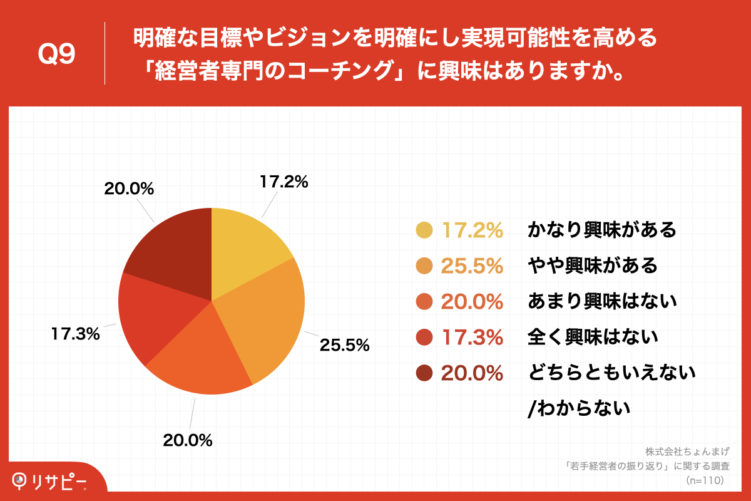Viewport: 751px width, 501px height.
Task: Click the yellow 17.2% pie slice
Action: click(x=244, y=250)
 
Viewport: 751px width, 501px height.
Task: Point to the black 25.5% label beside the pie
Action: click(x=345, y=344)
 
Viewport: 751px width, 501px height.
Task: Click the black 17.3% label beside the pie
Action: click(x=75, y=334)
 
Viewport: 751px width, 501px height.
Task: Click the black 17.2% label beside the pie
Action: click(x=284, y=182)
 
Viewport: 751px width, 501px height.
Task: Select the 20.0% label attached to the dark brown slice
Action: click(x=130, y=189)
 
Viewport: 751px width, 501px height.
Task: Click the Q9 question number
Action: click(x=56, y=54)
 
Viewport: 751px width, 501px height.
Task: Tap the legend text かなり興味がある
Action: click(x=602, y=230)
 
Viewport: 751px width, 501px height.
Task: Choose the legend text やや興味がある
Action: click(x=593, y=266)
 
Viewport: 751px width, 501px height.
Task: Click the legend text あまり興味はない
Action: click(x=602, y=302)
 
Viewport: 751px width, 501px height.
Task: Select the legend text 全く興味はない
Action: click(x=593, y=338)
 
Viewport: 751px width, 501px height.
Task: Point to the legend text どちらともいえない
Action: click(x=611, y=373)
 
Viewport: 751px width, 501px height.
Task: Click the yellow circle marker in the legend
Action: click(x=424, y=230)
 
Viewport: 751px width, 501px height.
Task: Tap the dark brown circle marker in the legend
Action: click(x=424, y=373)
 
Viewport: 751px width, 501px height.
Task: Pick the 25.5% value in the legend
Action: click(x=473, y=266)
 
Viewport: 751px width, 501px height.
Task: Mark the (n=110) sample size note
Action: click(x=705, y=480)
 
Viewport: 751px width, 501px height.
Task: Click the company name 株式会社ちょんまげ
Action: click(x=687, y=451)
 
